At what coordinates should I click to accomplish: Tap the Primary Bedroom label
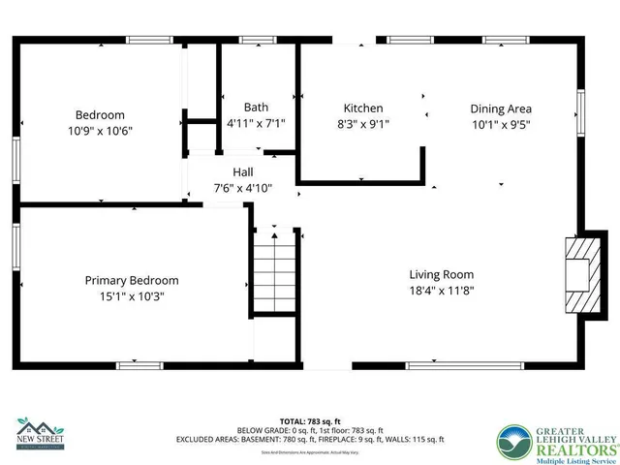click(x=132, y=280)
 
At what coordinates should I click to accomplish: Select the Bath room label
click(x=256, y=108)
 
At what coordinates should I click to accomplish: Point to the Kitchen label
click(x=363, y=108)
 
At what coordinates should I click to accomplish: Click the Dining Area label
click(x=501, y=108)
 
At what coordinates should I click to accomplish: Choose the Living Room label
click(x=441, y=273)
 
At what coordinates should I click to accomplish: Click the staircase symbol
click(x=272, y=272)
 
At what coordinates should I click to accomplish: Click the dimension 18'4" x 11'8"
click(x=441, y=290)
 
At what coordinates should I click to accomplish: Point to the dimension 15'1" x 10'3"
click(x=132, y=296)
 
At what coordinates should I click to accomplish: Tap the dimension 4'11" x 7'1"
click(x=256, y=124)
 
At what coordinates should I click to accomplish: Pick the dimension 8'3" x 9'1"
click(x=363, y=124)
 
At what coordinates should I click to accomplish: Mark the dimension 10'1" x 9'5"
click(x=501, y=124)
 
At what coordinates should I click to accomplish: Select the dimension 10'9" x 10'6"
click(x=99, y=131)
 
